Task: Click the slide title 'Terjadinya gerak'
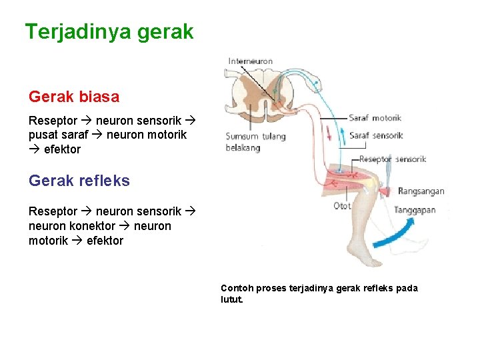[109, 31]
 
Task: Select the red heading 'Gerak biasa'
[74, 97]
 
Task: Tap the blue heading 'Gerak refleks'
[79, 181]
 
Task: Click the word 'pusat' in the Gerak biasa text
[43, 135]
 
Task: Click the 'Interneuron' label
[250, 61]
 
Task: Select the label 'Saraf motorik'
[375, 118]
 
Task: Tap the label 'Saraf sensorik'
[376, 135]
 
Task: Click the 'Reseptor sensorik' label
[392, 159]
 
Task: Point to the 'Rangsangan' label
[421, 191]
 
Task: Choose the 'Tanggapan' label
[415, 210]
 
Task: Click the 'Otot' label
[342, 206]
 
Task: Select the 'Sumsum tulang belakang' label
[255, 142]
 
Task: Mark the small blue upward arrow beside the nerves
[341, 135]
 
